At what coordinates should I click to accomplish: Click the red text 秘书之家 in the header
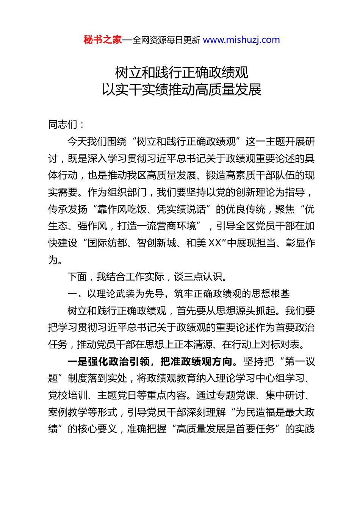102,40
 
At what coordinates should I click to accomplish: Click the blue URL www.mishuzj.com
241,40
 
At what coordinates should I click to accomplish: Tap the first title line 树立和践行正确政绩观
182,72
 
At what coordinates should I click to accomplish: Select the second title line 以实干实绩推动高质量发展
182,90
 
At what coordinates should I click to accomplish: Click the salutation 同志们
63,124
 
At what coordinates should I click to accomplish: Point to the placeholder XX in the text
215,243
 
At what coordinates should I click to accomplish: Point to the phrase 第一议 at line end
300,362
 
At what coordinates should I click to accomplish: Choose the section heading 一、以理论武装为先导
116,294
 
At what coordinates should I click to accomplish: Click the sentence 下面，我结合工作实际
116,277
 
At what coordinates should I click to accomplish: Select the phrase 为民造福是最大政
275,412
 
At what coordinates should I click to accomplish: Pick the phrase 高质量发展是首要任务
226,429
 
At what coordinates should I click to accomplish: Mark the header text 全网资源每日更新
166,40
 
